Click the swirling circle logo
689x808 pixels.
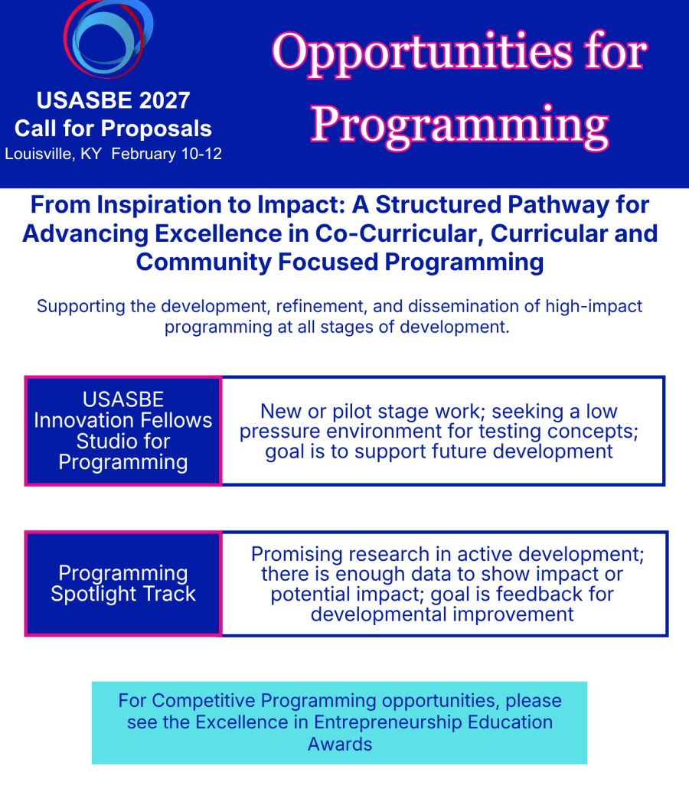click(x=108, y=39)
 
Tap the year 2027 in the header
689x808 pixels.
click(x=165, y=100)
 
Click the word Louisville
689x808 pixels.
click(x=38, y=154)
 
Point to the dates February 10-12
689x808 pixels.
click(x=167, y=154)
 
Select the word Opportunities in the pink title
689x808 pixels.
click(x=423, y=54)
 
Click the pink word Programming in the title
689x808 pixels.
click(x=459, y=125)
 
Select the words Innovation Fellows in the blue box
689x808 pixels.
click(x=122, y=421)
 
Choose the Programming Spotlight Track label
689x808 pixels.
click(x=123, y=583)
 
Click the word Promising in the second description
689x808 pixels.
click(x=296, y=555)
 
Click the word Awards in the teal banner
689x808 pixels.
click(x=340, y=744)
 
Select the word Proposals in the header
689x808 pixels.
click(x=170, y=129)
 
